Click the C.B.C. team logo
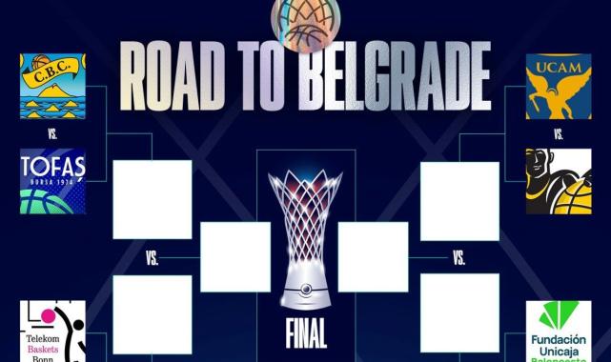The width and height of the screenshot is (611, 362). click(x=53, y=87)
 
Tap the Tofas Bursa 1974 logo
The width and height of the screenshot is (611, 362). click(x=53, y=181)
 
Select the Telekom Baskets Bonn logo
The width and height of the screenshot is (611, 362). click(x=53, y=332)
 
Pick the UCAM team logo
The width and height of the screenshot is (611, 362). click(x=559, y=87)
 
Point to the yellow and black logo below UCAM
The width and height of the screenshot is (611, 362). click(x=559, y=181)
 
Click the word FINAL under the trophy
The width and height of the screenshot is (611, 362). click(x=306, y=334)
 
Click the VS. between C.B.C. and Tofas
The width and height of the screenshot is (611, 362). click(x=53, y=134)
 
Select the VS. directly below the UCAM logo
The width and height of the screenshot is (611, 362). click(x=559, y=134)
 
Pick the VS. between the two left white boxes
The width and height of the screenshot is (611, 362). click(x=153, y=257)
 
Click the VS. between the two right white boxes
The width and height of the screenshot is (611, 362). click(x=459, y=257)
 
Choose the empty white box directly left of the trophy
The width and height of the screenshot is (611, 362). click(x=235, y=256)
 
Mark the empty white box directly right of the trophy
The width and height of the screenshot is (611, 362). click(x=374, y=256)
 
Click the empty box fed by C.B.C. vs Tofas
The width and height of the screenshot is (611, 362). click(x=153, y=199)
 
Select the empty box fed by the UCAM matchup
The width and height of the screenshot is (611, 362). click(x=459, y=200)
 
